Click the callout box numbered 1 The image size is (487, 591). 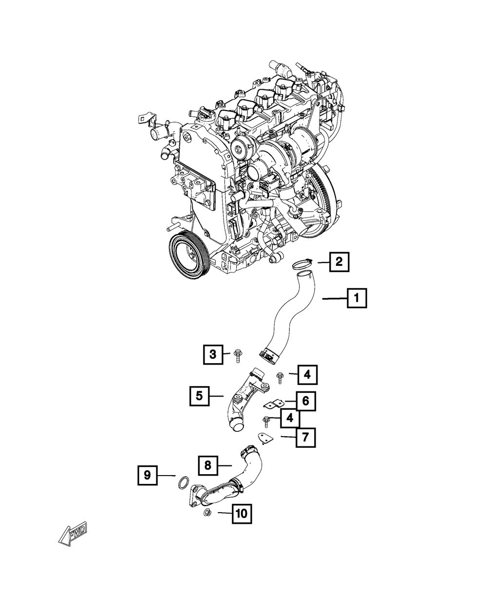(356, 297)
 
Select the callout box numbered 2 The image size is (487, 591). (338, 262)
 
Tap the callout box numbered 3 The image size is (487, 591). (213, 355)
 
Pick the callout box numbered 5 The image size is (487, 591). (200, 396)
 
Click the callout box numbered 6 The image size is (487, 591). (305, 401)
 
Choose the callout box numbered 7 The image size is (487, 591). (305, 437)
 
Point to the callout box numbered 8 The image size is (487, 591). (208, 465)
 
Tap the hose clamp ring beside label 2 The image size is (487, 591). (301, 265)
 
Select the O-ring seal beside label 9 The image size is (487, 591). (183, 483)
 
